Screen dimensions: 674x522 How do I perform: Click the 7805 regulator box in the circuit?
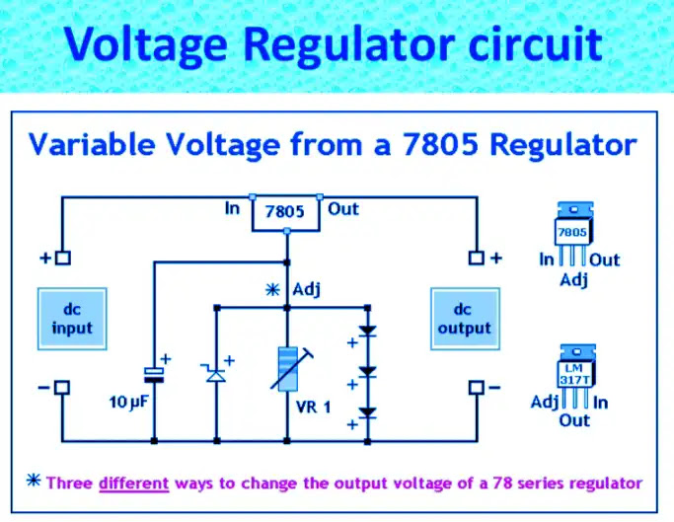point(286,214)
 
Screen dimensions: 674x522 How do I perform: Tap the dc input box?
point(72,319)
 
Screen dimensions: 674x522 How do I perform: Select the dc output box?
point(465,319)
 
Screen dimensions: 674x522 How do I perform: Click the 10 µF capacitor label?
point(128,403)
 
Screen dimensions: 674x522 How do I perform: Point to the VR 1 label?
point(314,407)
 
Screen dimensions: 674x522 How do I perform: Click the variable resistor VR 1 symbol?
point(289,368)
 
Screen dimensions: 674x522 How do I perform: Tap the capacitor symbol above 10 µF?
point(154,375)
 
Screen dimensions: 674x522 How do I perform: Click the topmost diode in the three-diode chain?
point(367,331)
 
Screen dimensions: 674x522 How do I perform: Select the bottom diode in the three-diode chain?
point(367,412)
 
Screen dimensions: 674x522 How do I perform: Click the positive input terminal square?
point(63,258)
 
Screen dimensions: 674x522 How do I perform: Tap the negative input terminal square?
point(62,388)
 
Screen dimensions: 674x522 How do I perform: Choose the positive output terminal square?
point(476,258)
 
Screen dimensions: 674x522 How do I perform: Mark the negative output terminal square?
point(477,388)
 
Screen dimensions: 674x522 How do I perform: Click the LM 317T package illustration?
point(576,376)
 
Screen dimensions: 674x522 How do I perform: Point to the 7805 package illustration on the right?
point(574,234)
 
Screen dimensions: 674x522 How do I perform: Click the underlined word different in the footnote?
point(133,484)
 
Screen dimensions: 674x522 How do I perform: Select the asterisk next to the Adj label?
point(272,290)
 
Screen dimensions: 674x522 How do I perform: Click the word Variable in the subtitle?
point(92,144)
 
